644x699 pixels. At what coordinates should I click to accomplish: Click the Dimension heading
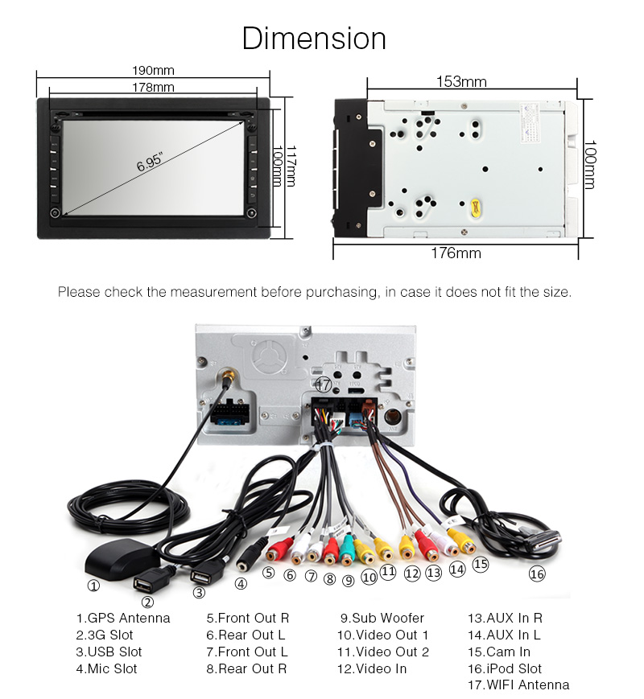314,39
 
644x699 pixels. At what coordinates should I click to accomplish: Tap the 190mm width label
153,71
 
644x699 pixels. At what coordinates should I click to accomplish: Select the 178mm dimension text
153,87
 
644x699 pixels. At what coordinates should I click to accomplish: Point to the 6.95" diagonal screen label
150,163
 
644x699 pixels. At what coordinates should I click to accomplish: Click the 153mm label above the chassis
461,81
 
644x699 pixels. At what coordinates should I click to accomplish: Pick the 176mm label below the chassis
456,253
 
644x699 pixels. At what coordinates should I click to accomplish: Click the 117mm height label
292,166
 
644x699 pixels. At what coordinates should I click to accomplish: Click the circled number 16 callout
537,574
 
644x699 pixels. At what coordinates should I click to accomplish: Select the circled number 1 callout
94,586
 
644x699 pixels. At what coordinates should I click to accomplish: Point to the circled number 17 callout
323,384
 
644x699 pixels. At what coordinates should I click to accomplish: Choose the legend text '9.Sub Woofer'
382,619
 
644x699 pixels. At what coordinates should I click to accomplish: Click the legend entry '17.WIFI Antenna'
518,685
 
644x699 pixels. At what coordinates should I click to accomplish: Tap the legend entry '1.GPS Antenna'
123,619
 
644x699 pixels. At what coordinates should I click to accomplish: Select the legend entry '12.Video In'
372,668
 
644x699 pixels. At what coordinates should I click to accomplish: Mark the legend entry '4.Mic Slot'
107,668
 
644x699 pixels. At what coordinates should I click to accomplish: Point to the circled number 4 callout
241,584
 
